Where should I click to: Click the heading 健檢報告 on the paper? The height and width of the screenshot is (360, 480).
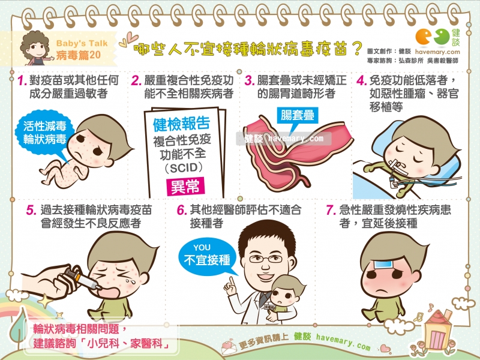click(181, 125)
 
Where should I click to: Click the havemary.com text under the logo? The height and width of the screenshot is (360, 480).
click(443, 52)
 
